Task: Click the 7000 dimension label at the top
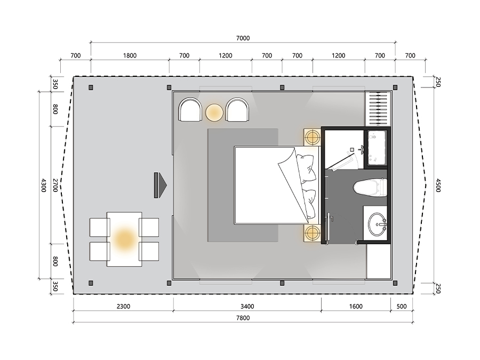coord(243,38)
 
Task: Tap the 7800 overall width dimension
coord(243,318)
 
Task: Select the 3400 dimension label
coord(247,307)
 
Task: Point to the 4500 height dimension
coord(438,185)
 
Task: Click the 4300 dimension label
coord(44,185)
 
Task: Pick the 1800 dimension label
coord(130,55)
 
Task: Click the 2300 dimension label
coord(123,307)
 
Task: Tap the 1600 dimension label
coord(356,307)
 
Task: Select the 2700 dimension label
coord(55,185)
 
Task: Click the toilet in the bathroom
coord(370,187)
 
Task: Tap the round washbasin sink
coord(378,225)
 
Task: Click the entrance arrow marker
coord(161,185)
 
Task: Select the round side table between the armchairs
coord(214,113)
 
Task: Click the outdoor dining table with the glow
coord(124,239)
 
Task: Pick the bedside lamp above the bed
coord(312,137)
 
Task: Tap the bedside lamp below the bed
coord(312,233)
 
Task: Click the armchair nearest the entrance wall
coord(190,109)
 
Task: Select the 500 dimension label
coord(401,307)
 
